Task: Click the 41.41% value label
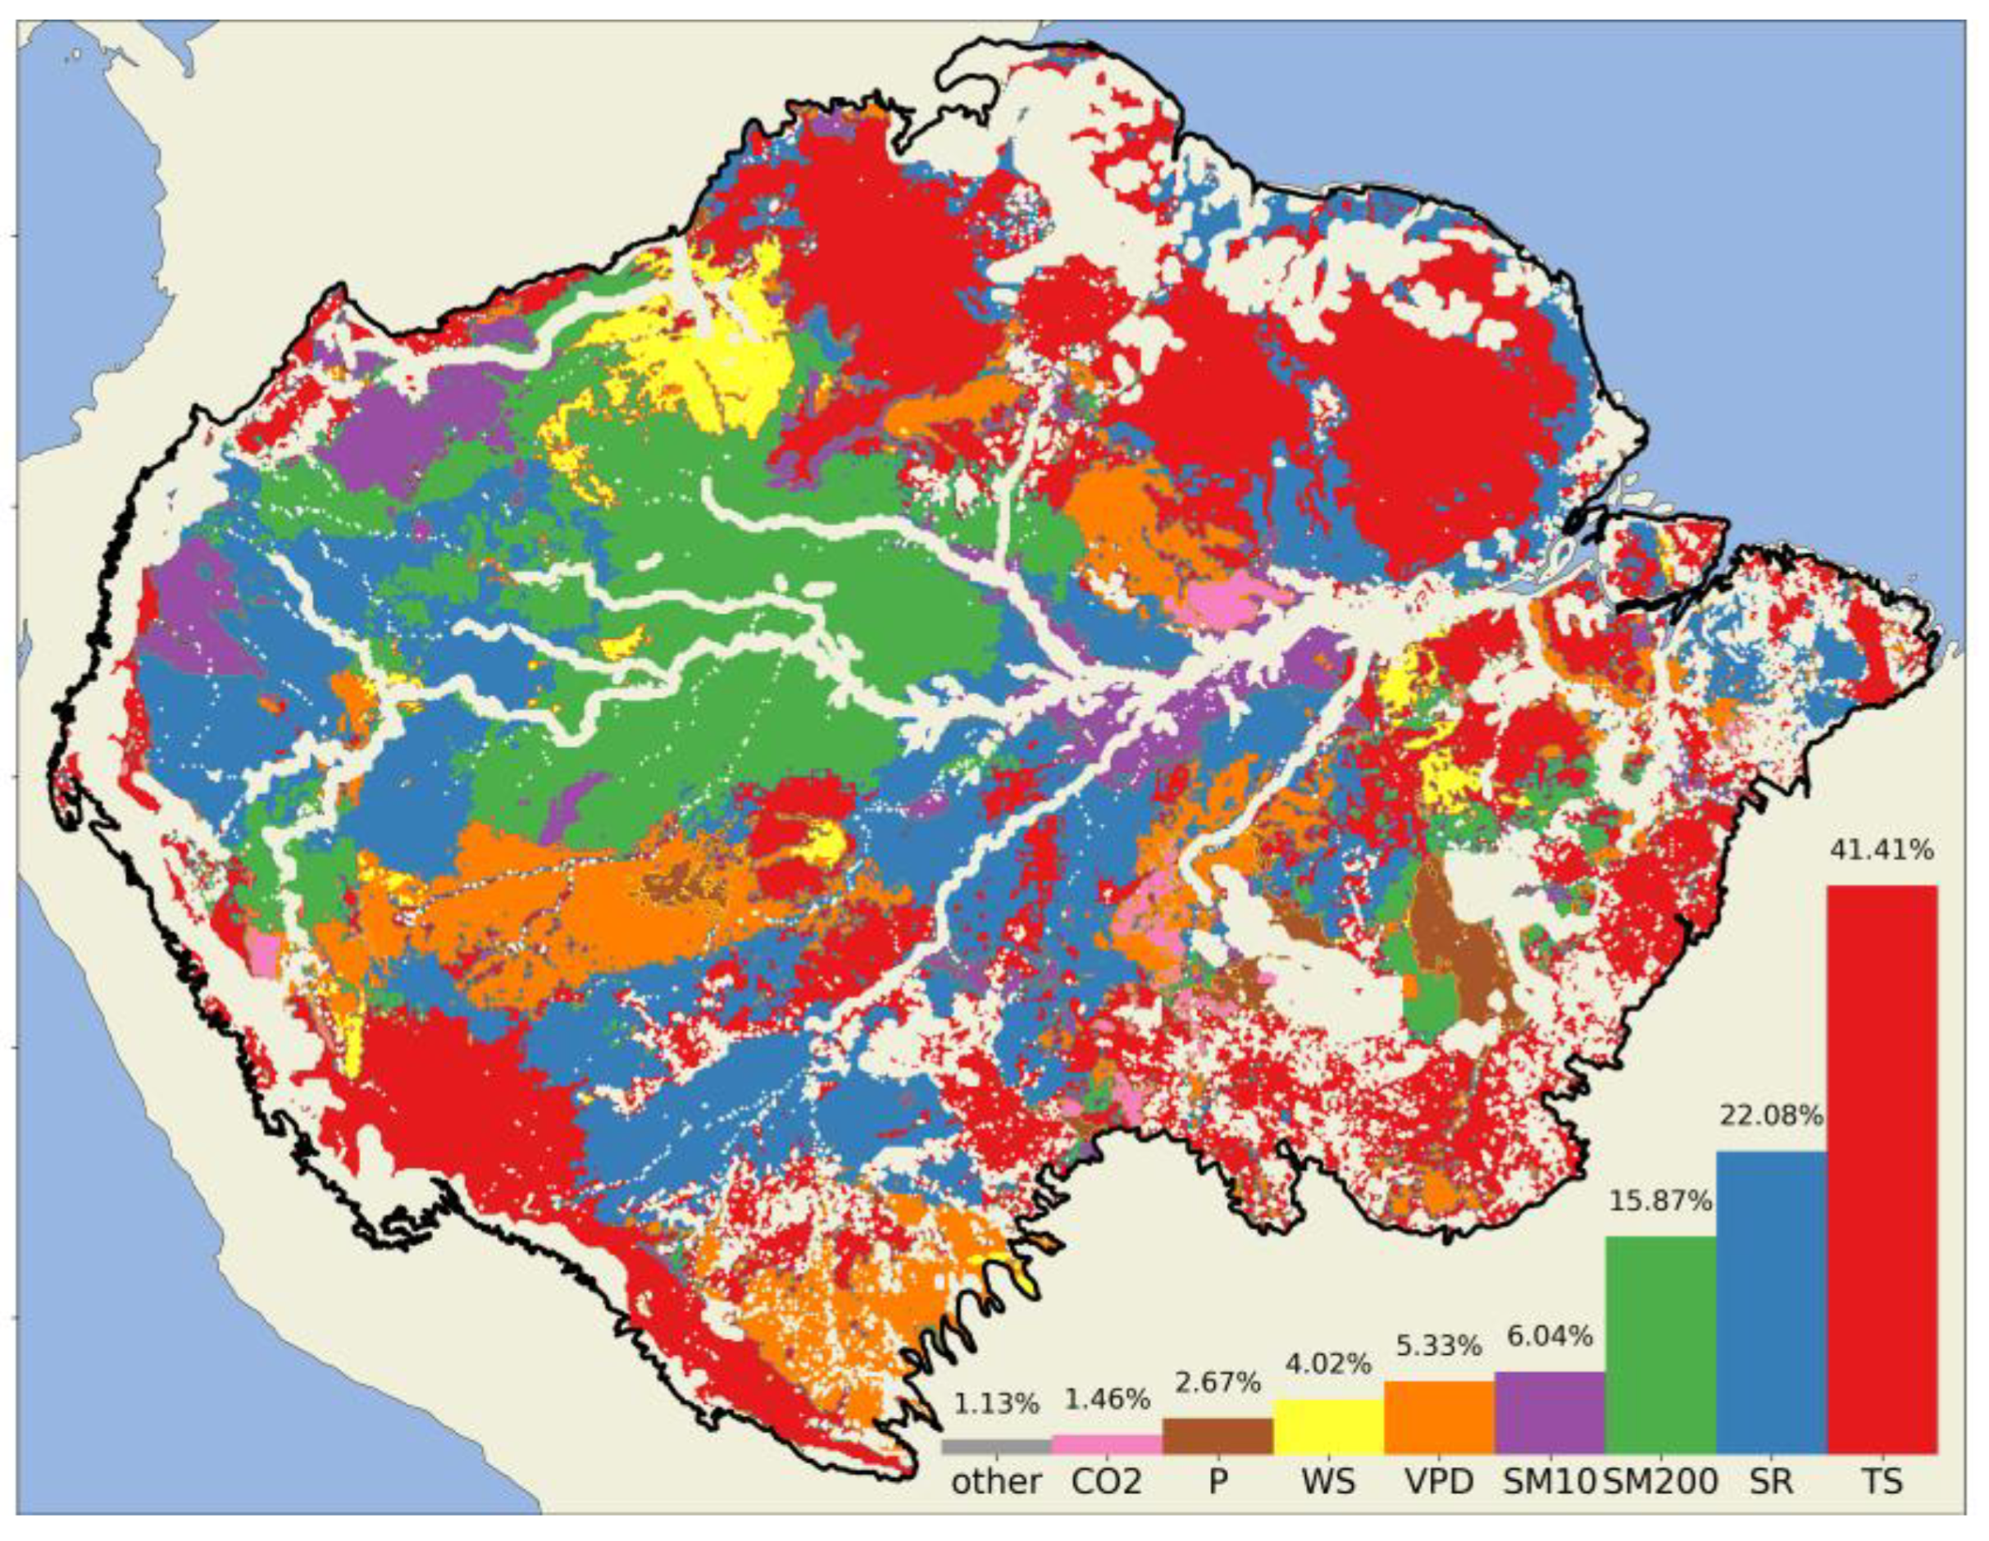pos(1882,850)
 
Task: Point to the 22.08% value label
pos(1772,1115)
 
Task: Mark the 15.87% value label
pos(1660,1201)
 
